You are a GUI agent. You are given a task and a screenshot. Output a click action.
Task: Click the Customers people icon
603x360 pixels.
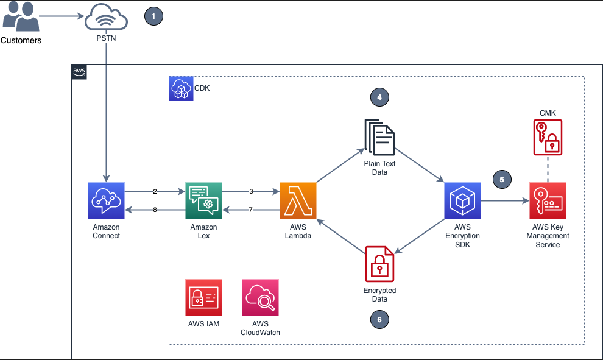click(21, 18)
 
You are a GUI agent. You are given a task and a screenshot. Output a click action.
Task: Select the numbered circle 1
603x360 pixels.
click(153, 16)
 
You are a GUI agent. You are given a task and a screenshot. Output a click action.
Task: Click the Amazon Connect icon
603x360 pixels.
click(106, 200)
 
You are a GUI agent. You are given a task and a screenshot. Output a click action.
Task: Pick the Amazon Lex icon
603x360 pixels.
click(203, 200)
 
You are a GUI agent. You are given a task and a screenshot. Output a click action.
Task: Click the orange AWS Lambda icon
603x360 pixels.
click(298, 200)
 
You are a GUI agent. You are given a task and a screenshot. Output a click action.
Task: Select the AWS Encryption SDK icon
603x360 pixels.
click(462, 200)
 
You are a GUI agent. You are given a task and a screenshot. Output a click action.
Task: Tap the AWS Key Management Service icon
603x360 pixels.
click(548, 200)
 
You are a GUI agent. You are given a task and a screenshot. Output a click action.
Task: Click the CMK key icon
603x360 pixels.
click(548, 138)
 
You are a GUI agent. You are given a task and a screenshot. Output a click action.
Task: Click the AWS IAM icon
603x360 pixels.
click(204, 297)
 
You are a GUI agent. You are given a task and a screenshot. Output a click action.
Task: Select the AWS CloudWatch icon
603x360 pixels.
click(260, 297)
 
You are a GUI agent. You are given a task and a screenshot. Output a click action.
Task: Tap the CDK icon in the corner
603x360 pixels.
click(180, 88)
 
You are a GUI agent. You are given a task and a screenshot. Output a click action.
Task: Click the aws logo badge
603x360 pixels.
click(79, 72)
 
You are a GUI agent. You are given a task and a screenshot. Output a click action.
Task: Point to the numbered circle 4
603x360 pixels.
click(379, 97)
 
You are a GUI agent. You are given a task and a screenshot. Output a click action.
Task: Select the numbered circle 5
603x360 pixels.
click(502, 180)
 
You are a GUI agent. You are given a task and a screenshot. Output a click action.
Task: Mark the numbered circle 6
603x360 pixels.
click(379, 319)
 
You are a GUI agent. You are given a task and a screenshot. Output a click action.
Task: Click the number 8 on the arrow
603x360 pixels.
click(155, 210)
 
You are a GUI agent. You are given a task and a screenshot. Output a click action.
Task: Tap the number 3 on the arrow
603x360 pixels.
click(251, 191)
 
